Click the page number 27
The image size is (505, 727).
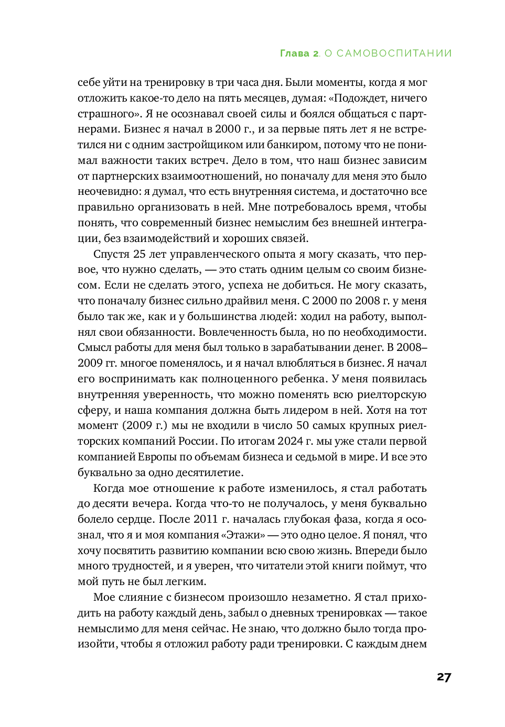(x=444, y=677)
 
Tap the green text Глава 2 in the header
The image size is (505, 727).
(x=299, y=53)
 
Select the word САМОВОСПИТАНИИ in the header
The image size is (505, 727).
(x=394, y=53)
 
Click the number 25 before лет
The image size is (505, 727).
(x=139, y=254)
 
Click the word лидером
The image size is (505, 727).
(x=304, y=410)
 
